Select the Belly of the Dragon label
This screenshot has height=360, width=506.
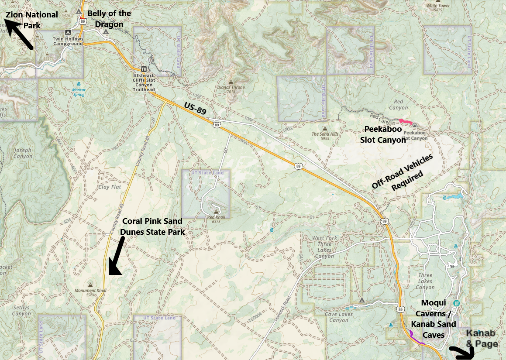tap(109, 19)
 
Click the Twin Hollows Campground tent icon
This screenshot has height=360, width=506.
tap(68, 32)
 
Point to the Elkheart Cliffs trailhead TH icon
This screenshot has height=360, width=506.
tap(144, 69)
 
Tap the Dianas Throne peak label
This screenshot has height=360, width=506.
tap(231, 87)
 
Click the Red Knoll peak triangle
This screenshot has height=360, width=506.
tap(216, 212)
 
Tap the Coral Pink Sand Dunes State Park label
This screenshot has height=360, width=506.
tap(152, 226)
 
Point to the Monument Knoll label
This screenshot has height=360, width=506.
tap(90, 290)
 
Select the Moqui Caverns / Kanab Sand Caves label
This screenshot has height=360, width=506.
tap(434, 319)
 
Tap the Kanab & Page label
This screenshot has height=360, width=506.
tap(482, 339)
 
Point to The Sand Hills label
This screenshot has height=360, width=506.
tap(325, 134)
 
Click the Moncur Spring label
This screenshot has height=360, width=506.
tap(79, 92)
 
